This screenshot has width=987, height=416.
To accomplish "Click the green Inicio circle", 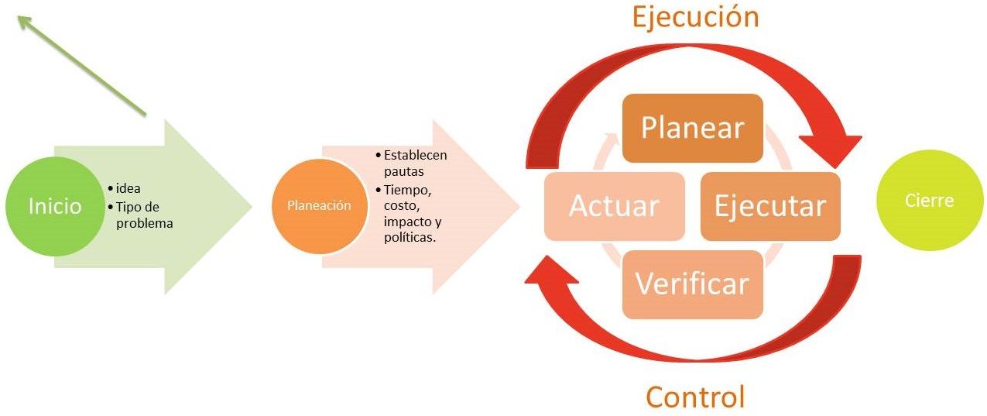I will pyautogui.click(x=54, y=206).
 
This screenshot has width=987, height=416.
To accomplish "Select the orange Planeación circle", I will pyautogui.click(x=319, y=205).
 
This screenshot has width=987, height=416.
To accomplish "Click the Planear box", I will pyautogui.click(x=692, y=128).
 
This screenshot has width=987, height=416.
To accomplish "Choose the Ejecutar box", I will pyautogui.click(x=769, y=206).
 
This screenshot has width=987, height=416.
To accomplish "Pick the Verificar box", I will pyautogui.click(x=692, y=284).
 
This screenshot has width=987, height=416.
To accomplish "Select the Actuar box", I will pyautogui.click(x=615, y=206).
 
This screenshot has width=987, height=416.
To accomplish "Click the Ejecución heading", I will pyautogui.click(x=694, y=16).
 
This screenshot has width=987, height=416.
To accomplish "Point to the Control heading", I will pyautogui.click(x=694, y=396).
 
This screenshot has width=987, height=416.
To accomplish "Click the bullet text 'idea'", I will pyautogui.click(x=128, y=188).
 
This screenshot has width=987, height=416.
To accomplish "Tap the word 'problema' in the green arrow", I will pyautogui.click(x=144, y=223).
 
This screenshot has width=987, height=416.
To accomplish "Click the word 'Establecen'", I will pyautogui.click(x=415, y=155).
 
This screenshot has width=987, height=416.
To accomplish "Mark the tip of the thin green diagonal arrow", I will pyautogui.click(x=20, y=18).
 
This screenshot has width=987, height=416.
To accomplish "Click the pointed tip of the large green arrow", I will pyautogui.click(x=252, y=206).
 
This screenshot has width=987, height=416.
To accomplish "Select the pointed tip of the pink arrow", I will pyautogui.click(x=519, y=206).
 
